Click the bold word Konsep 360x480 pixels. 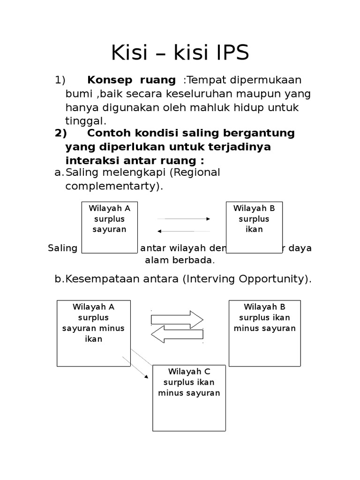click(x=107, y=80)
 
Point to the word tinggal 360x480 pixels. click(x=86, y=121)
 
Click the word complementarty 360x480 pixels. click(x=113, y=186)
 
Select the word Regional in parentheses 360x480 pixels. click(x=195, y=172)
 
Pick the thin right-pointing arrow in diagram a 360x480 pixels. click(x=183, y=219)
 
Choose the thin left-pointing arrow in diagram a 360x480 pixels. click(x=183, y=231)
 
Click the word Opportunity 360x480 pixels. click(x=271, y=279)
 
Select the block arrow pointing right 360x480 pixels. click(x=177, y=319)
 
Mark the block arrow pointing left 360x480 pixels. click(x=177, y=335)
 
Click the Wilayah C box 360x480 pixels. click(x=189, y=398)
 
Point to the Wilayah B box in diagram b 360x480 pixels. click(x=264, y=333)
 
